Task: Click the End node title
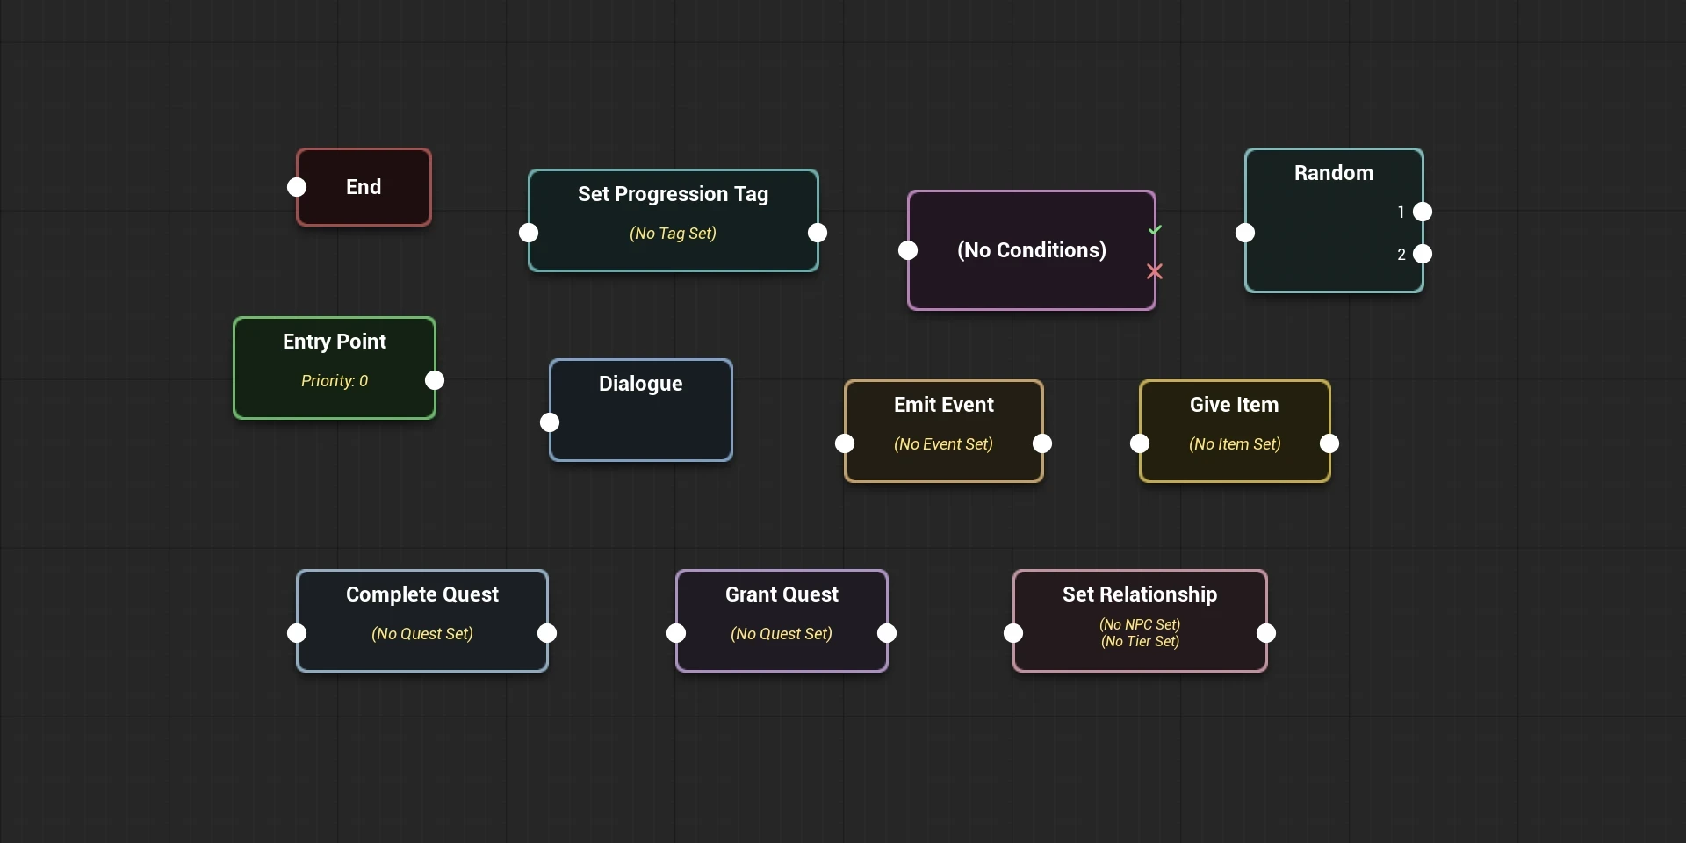[364, 187]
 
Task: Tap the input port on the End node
[297, 187]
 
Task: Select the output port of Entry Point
[435, 380]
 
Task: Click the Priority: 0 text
[335, 381]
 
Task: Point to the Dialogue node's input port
[550, 422]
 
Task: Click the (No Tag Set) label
[673, 234]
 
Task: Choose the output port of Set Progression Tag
[818, 233]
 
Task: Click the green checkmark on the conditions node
[1155, 230]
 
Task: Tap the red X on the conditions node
[1155, 272]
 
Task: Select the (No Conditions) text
[1032, 250]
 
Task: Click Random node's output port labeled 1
[1423, 212]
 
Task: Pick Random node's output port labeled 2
[1423, 254]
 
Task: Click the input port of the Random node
[1245, 233]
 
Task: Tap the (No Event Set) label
[943, 444]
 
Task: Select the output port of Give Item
[1329, 443]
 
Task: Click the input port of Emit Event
[845, 443]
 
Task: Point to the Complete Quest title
[422, 594]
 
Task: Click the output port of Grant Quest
[887, 633]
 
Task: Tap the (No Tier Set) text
[1140, 642]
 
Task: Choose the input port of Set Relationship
[1013, 633]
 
